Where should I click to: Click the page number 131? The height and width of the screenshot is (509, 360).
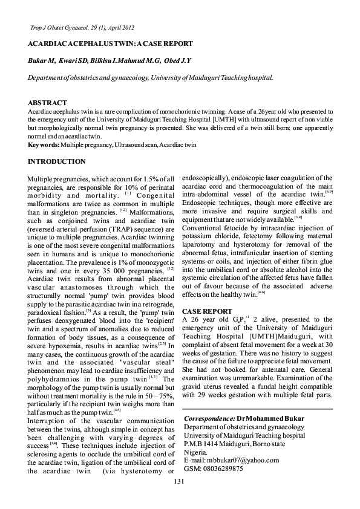[x=178, y=498]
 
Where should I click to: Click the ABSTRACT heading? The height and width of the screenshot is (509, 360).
[x=47, y=103]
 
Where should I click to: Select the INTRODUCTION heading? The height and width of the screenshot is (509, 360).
[x=57, y=161]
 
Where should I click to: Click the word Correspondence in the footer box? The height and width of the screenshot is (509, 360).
[x=209, y=418]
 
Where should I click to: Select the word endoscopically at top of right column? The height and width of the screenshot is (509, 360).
[x=207, y=180]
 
